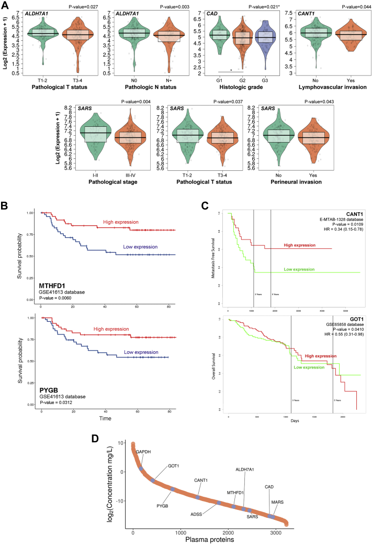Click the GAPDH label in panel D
(143, 451)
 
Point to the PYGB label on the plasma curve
(149, 491)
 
